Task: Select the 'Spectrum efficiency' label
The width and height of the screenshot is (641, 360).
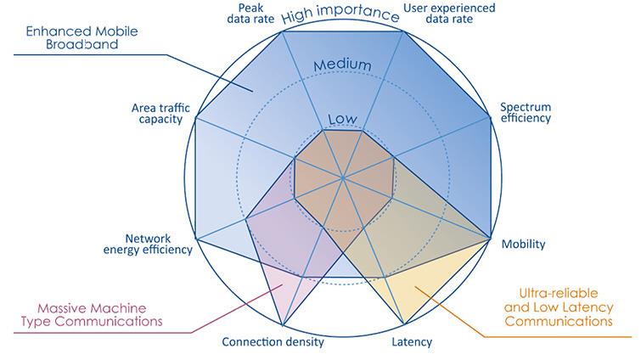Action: tap(525, 112)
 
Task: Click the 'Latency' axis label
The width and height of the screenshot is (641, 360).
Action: tap(413, 343)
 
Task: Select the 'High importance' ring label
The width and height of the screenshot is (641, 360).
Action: tap(340, 14)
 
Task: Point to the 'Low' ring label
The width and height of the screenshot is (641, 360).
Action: tap(341, 119)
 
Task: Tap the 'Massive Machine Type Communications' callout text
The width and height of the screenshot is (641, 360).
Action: tap(99, 314)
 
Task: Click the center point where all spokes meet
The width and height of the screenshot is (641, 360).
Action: tap(343, 178)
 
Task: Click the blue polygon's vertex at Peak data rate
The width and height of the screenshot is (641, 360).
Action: tap(282, 31)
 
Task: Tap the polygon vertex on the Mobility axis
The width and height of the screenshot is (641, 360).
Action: tap(491, 239)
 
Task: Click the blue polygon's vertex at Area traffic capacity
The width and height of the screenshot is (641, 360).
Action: tap(195, 117)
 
